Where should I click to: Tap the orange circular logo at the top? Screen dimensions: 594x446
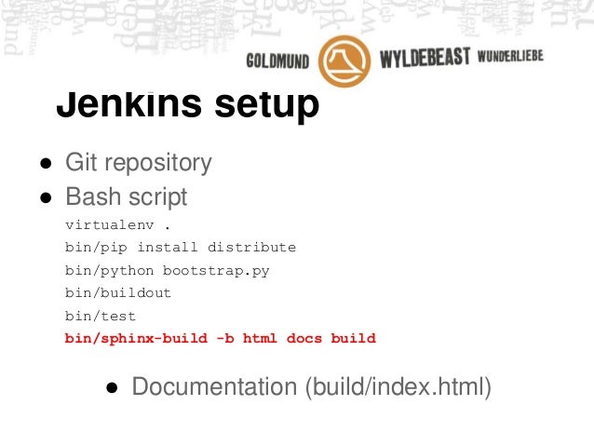tap(344, 61)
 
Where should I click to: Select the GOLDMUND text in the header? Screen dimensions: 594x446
tap(277, 61)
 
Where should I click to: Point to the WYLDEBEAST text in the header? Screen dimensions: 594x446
tap(424, 61)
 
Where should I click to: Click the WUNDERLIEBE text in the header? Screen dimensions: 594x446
tap(509, 59)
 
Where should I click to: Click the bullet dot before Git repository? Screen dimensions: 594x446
tap(45, 164)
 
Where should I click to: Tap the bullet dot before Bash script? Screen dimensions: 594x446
tap(45, 198)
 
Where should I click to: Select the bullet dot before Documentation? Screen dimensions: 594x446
tap(112, 387)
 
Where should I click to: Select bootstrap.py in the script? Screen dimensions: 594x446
tap(216, 270)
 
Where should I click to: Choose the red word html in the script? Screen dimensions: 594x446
tap(260, 338)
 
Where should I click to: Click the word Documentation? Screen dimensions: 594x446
tap(213, 386)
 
